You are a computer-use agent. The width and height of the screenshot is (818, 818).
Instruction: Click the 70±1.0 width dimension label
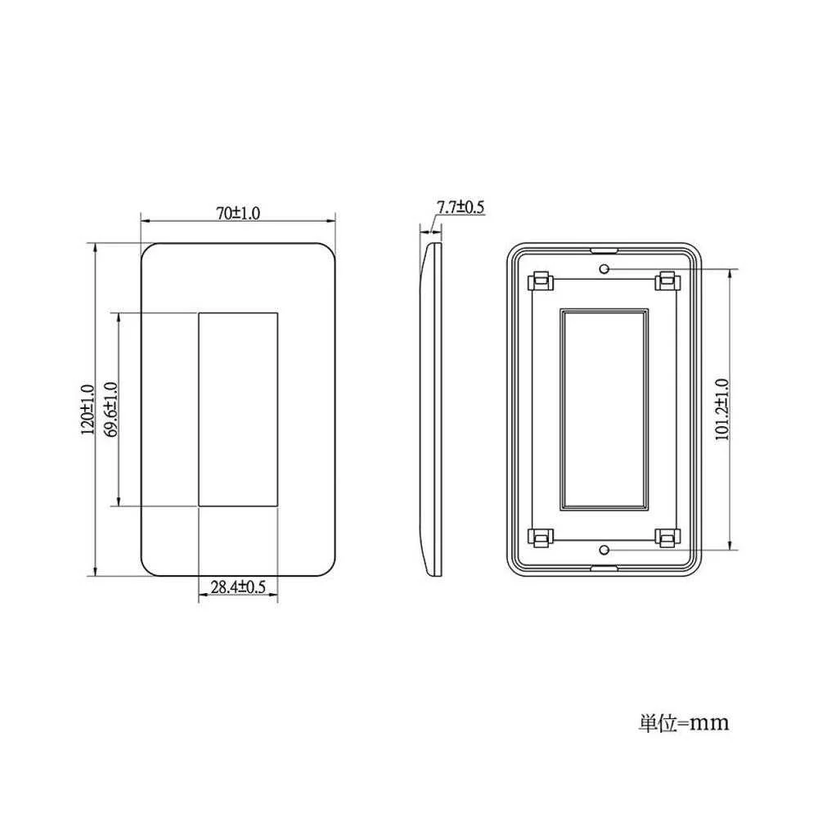pyautogui.click(x=238, y=213)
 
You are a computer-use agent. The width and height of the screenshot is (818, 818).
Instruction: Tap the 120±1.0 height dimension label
pyautogui.click(x=88, y=410)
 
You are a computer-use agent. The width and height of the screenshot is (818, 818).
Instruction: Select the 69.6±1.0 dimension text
pyautogui.click(x=110, y=410)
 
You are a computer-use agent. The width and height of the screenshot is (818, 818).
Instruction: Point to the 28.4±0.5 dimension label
pyautogui.click(x=238, y=587)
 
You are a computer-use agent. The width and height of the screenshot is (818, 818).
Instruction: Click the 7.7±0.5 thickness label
pyautogui.click(x=461, y=207)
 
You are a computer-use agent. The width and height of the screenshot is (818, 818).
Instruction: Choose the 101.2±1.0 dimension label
pyautogui.click(x=721, y=410)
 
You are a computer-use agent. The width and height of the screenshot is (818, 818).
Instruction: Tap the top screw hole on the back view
pyautogui.click(x=605, y=269)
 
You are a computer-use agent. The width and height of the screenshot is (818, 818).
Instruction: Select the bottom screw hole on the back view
pyautogui.click(x=605, y=550)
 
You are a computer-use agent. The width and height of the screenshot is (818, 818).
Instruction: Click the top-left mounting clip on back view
pyautogui.click(x=541, y=281)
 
